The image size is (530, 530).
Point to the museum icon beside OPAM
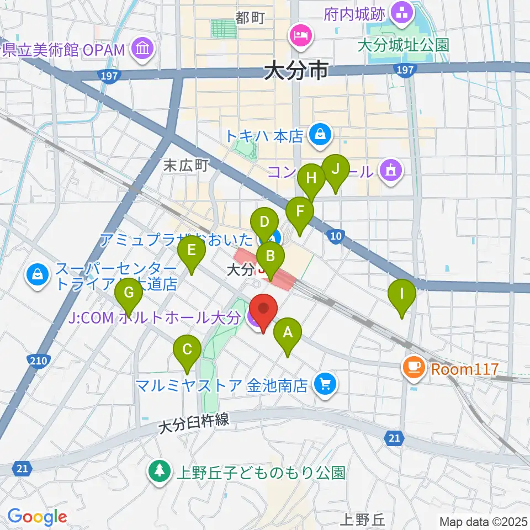pos(142,50)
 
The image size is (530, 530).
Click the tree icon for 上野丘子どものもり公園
pos(159,472)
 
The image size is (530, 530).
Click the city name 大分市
pos(296,71)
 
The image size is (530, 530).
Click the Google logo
pos(37,517)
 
